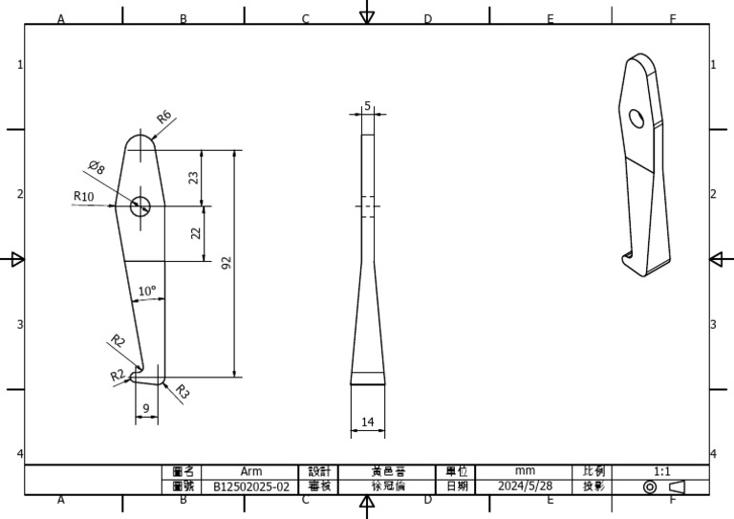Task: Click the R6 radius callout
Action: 163,118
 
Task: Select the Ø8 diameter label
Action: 97,168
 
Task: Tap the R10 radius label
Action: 84,197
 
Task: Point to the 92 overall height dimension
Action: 227,263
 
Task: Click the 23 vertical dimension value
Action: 193,178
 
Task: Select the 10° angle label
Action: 147,291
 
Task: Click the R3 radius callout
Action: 182,392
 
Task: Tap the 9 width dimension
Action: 145,409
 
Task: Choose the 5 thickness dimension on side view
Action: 368,107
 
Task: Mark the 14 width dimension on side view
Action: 368,422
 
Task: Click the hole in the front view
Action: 140,205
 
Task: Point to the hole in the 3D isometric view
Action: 637,118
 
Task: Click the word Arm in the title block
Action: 250,471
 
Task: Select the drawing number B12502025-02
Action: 250,487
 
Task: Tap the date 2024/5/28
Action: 525,487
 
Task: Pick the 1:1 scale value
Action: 661,471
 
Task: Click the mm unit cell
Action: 525,471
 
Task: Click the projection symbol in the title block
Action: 662,487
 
